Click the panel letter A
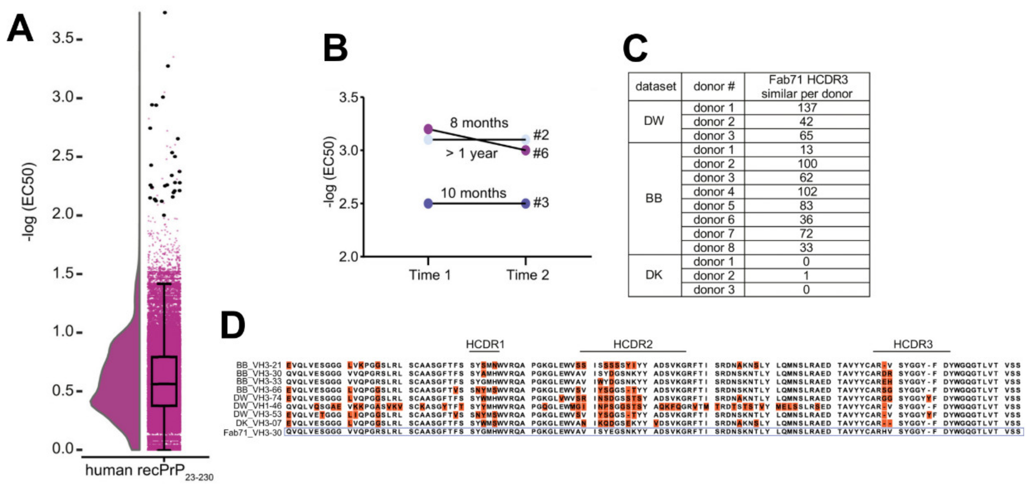pos(20,28)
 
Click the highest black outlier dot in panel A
pos(165,12)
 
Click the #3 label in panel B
pos(541,203)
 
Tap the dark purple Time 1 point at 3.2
pos(428,129)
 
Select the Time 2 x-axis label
pos(527,275)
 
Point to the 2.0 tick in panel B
pos(349,257)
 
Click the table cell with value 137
pos(806,108)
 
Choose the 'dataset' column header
pos(655,87)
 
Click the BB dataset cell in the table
pos(654,198)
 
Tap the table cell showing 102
pos(806,192)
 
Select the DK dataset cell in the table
pos(654,275)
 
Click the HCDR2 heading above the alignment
pos(633,344)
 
